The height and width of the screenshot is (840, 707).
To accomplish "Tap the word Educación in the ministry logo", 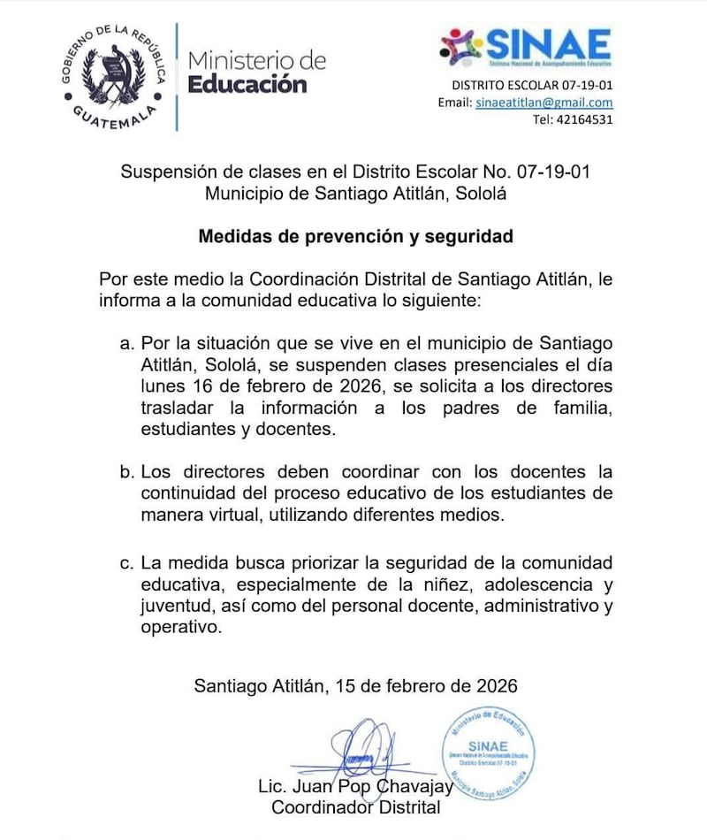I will (x=247, y=85).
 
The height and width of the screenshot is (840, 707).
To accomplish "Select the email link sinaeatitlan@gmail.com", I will (x=544, y=103).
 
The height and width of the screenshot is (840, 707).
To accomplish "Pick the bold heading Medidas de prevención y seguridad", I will (x=356, y=236).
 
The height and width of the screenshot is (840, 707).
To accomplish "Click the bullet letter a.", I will (x=125, y=342).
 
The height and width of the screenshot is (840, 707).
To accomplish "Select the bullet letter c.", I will (x=125, y=562).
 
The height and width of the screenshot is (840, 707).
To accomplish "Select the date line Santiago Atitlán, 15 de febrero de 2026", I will (x=356, y=685).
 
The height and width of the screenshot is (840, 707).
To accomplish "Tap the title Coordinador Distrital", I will (x=356, y=806).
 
